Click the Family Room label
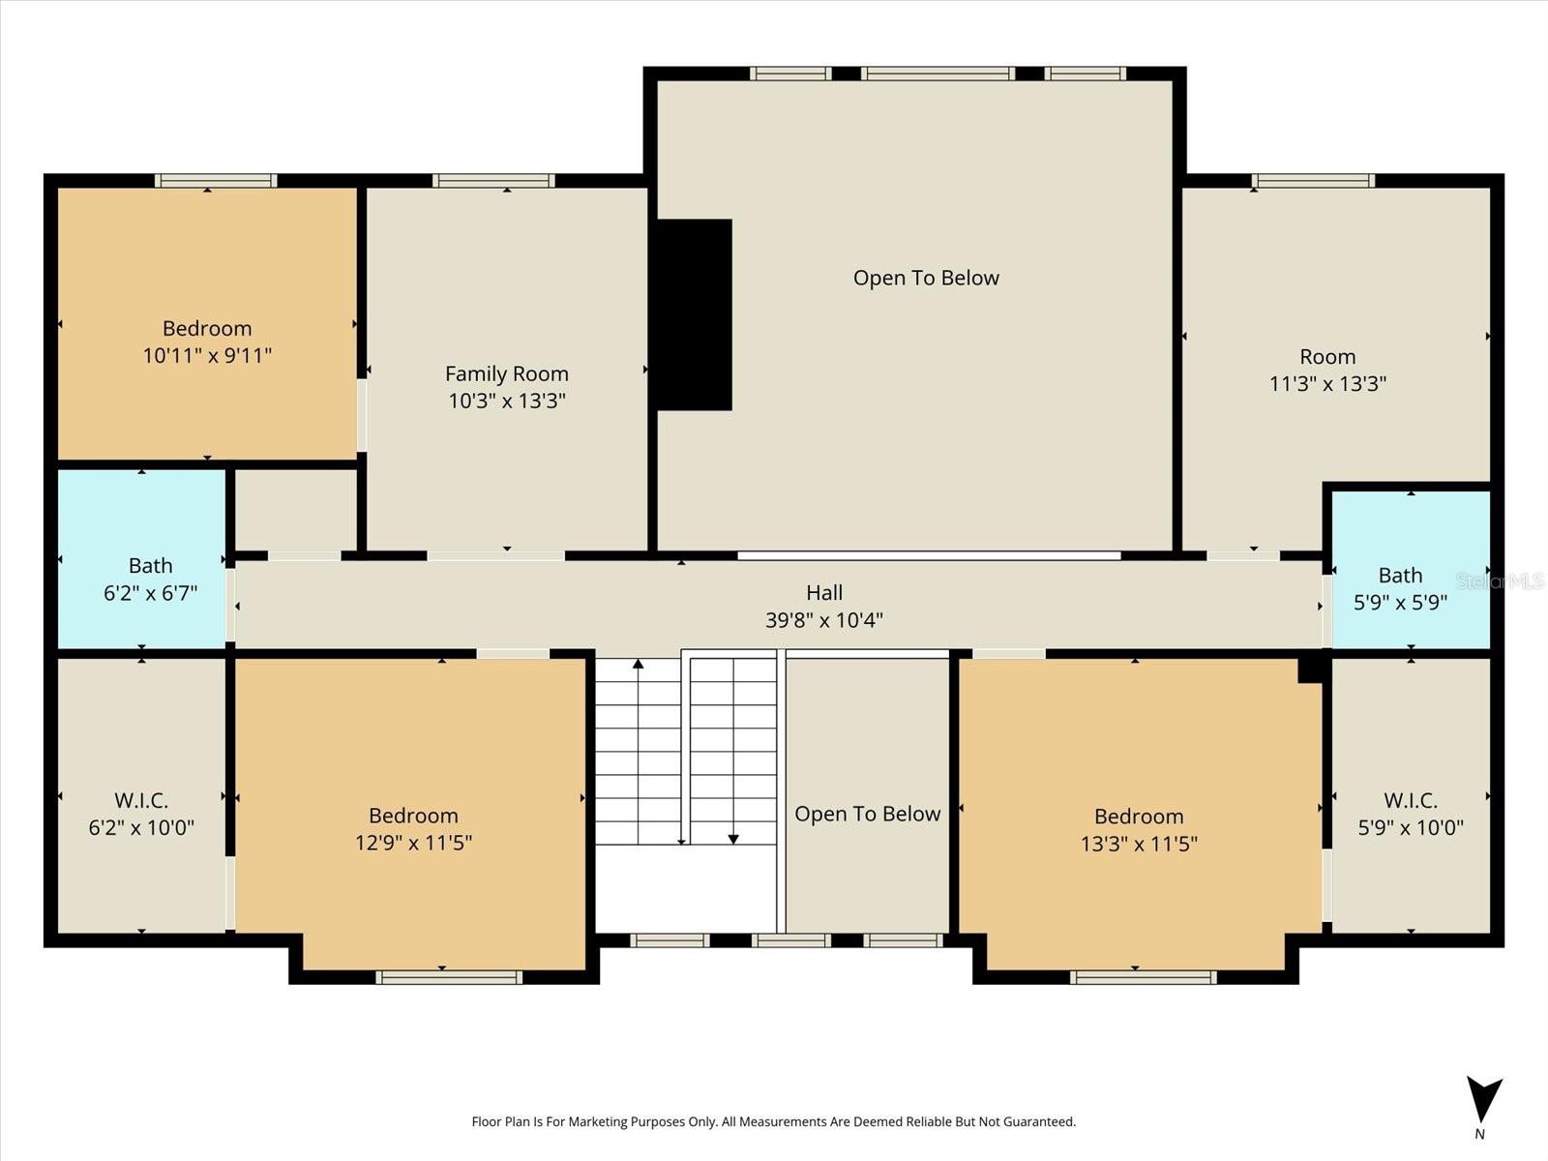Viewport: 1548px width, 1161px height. click(506, 373)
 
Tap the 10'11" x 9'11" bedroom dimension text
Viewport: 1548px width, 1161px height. click(207, 355)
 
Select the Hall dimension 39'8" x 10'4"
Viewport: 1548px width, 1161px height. click(823, 620)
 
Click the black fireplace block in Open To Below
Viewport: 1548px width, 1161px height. click(694, 314)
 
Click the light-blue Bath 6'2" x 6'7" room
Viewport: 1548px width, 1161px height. click(142, 559)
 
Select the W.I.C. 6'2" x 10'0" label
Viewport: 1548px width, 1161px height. click(141, 814)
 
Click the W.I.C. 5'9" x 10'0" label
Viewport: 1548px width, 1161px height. click(1410, 814)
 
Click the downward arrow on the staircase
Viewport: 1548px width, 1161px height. click(733, 837)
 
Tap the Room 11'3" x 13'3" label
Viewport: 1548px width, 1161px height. click(1327, 370)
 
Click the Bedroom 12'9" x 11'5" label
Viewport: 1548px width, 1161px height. click(413, 828)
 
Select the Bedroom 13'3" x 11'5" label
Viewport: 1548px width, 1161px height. click(1139, 829)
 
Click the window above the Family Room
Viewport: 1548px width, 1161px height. click(493, 181)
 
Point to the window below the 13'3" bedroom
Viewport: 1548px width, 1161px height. click(1143, 978)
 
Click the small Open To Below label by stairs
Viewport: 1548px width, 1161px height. click(867, 814)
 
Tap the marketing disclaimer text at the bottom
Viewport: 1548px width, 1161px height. click(773, 1121)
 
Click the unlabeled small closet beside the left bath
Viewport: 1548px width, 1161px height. click(296, 510)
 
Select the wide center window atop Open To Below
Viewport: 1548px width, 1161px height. click(938, 74)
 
